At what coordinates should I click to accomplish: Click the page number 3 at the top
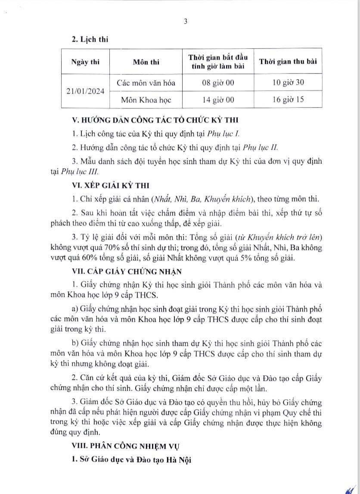tap(186, 22)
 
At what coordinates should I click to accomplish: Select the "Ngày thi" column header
tap(85, 62)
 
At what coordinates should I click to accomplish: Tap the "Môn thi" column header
tap(146, 62)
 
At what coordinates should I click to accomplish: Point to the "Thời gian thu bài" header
tap(288, 61)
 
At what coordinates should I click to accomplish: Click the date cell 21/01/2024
tap(85, 91)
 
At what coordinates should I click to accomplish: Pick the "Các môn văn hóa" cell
tap(146, 83)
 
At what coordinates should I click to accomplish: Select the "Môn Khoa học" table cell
tap(146, 99)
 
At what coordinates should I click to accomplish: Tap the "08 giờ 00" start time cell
tap(218, 83)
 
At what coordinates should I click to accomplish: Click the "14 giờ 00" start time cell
tap(218, 99)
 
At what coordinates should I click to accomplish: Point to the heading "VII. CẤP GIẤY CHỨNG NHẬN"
tap(122, 271)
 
